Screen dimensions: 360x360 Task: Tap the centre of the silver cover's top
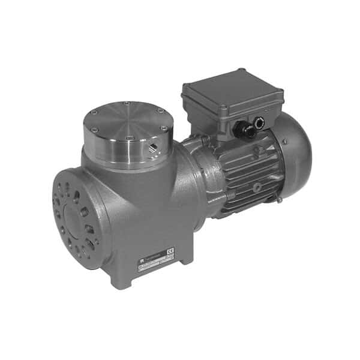(125, 123)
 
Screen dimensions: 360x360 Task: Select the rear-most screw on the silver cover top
(126, 103)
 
